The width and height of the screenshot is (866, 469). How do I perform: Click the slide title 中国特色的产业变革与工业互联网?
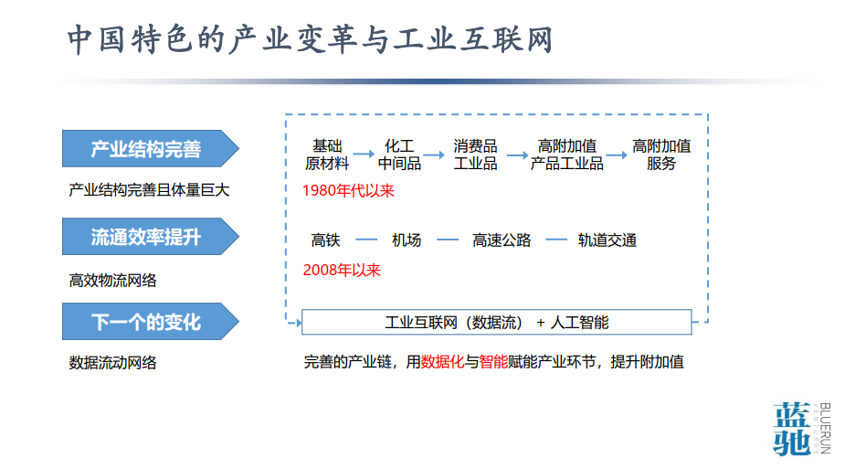[310, 39]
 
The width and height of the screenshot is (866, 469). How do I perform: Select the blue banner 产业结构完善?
[150, 149]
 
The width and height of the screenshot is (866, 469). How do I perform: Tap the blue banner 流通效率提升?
[150, 237]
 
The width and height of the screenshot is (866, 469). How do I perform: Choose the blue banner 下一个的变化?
[150, 322]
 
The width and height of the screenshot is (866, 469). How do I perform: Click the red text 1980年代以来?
[348, 190]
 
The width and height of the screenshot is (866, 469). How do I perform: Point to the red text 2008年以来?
[342, 270]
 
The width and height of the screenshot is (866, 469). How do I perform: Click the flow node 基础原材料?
[327, 155]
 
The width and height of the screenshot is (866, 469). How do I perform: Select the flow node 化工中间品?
[399, 155]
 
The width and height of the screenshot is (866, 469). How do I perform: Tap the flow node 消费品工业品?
[475, 155]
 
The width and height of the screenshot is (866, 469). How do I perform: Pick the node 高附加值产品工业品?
[566, 155]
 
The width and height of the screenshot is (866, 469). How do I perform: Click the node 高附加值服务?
[661, 155]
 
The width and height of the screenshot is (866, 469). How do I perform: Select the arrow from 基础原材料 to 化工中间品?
[364, 155]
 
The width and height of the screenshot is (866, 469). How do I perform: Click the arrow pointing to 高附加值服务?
[617, 155]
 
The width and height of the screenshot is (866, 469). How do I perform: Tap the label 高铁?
[326, 240]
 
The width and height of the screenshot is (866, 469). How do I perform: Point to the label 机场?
[407, 240]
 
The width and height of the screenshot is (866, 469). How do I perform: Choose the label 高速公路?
[502, 240]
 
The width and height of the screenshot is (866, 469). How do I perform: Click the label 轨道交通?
[607, 240]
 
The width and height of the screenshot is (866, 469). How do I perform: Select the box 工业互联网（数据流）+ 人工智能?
[497, 322]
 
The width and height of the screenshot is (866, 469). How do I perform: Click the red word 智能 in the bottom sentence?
[493, 362]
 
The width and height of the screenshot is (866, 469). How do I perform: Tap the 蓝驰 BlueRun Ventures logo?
[802, 429]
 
